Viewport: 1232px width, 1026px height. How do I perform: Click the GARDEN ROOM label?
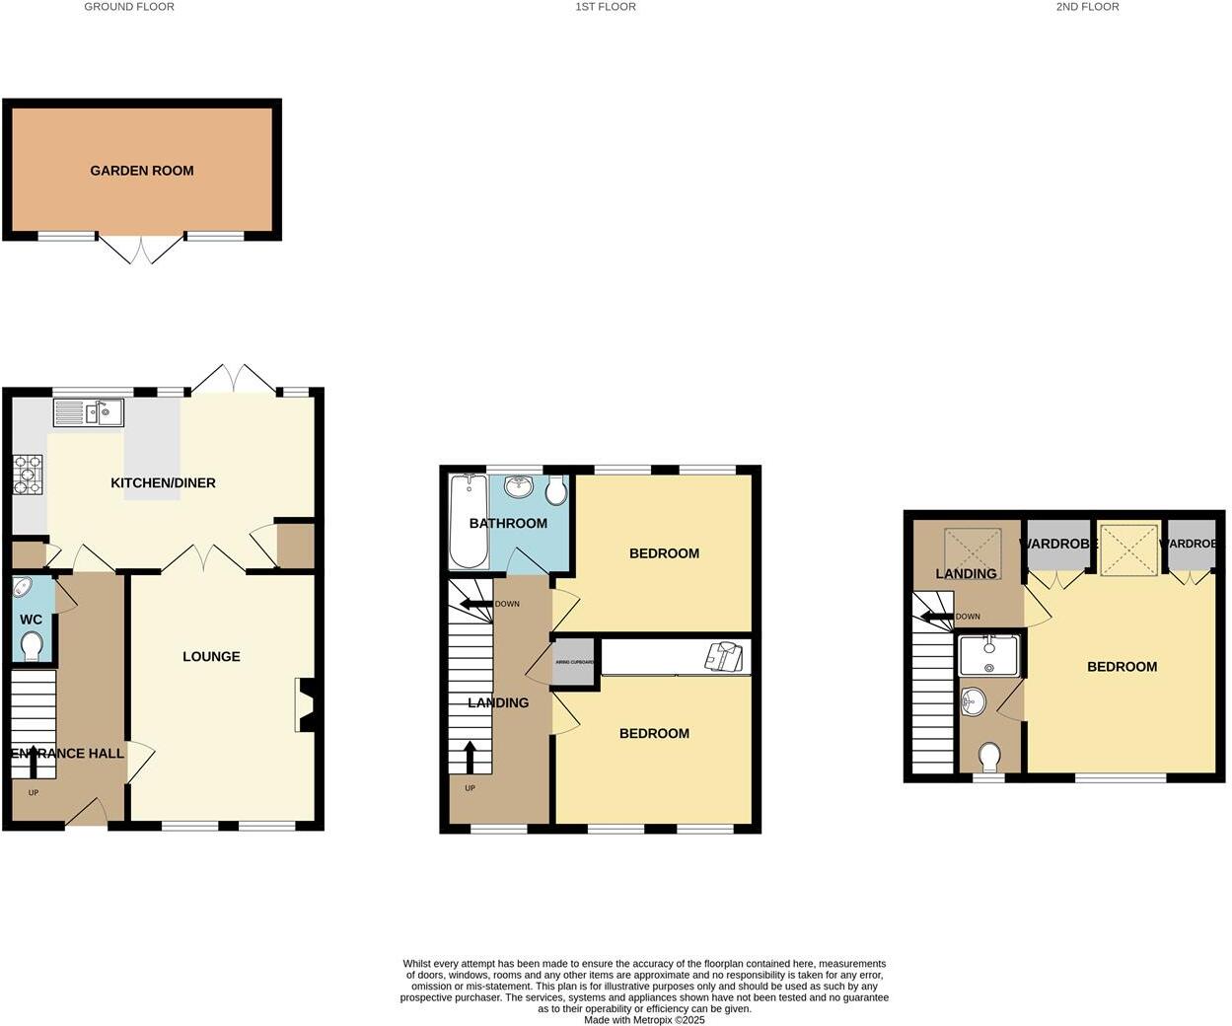tap(142, 171)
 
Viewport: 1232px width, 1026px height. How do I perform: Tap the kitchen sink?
tap(88, 411)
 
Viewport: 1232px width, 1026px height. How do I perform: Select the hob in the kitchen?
tap(27, 474)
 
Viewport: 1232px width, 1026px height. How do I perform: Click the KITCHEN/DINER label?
tap(163, 482)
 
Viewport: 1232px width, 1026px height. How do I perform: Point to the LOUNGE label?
tap(211, 656)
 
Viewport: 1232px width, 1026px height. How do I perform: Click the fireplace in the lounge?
tap(305, 704)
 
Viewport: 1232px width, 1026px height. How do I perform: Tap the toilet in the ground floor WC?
tap(32, 646)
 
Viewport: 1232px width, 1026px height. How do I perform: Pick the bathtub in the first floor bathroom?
tap(469, 521)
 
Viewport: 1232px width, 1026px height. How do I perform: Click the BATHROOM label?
tap(508, 523)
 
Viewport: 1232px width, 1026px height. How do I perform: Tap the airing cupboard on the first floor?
tap(575, 663)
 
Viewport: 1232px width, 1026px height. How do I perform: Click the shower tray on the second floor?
tap(988, 655)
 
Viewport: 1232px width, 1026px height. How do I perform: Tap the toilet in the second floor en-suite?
tap(990, 757)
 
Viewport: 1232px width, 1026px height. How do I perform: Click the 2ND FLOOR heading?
tap(1087, 7)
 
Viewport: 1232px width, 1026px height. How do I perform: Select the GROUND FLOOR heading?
tap(129, 7)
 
